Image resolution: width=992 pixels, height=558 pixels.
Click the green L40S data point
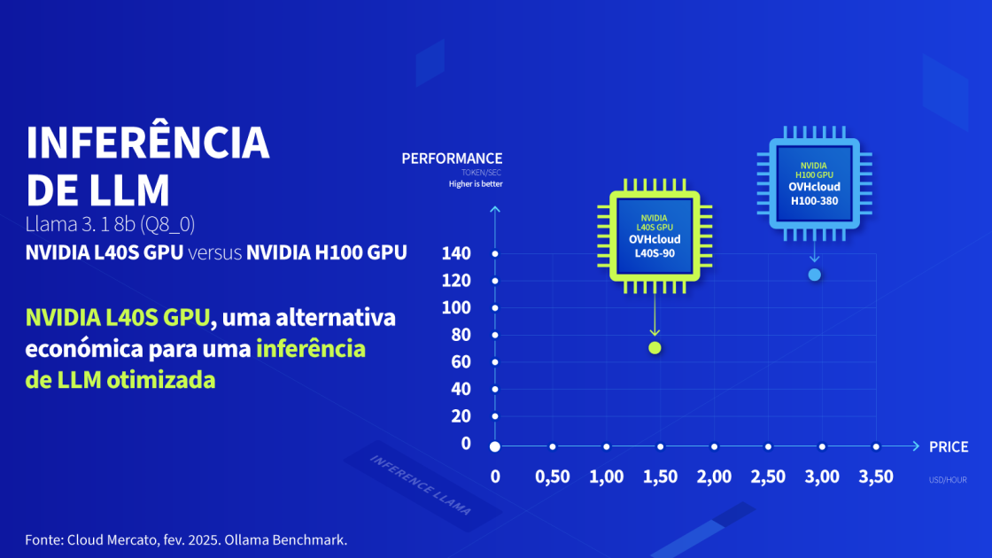pos(655,347)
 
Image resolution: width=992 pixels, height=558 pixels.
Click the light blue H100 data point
pos(815,275)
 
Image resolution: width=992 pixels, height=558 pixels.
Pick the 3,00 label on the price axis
pos(821,477)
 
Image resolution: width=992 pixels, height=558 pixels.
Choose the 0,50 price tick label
pos(553,477)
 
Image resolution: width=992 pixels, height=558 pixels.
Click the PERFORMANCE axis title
pos(452,159)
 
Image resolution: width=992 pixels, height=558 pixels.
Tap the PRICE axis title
pos(948,446)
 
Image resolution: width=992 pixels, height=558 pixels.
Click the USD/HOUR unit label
pos(948,480)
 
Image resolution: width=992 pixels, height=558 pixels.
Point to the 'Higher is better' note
pos(475,184)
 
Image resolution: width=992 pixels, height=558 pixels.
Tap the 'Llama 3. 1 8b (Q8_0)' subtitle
pos(110,223)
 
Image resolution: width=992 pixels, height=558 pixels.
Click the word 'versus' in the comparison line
pos(214,252)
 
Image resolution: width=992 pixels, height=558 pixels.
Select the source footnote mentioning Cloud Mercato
pos(185,539)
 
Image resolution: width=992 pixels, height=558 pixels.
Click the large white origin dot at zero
pos(495,446)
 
